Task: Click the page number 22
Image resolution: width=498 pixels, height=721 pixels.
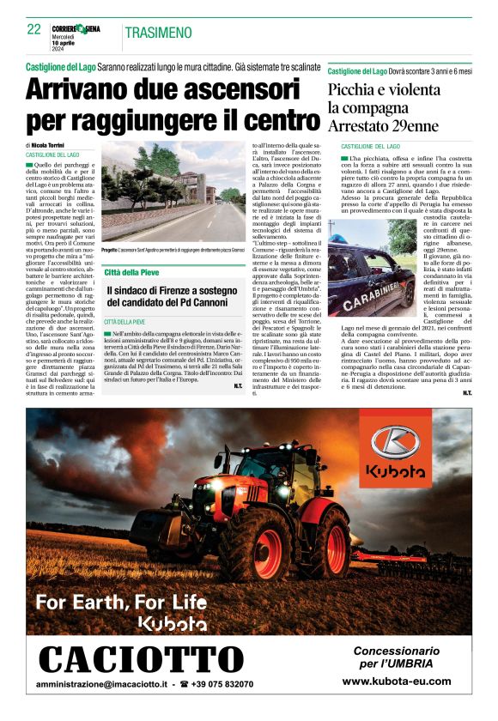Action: point(34,29)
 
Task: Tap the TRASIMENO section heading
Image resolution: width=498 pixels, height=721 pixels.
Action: point(158,33)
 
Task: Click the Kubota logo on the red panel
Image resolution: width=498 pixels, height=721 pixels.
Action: point(395,454)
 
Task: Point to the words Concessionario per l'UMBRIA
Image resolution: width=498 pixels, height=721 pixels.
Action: point(396,657)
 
